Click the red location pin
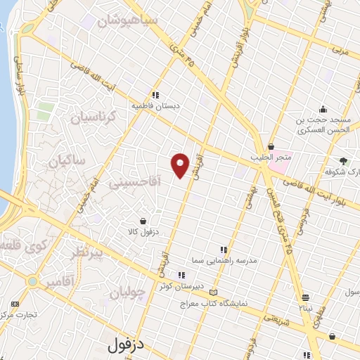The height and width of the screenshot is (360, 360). click(181, 165)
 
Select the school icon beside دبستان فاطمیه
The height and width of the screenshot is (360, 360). click(155, 94)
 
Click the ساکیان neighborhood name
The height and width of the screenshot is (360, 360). click(66, 161)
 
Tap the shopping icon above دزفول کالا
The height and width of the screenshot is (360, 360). click(143, 220)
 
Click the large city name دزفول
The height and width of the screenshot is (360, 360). click(131, 346)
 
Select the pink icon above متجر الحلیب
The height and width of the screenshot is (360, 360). click(270, 146)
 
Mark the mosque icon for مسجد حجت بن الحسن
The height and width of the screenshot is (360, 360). click(322, 108)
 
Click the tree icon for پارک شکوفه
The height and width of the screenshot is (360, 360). click(344, 160)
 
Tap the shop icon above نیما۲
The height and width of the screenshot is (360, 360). click(305, 297)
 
